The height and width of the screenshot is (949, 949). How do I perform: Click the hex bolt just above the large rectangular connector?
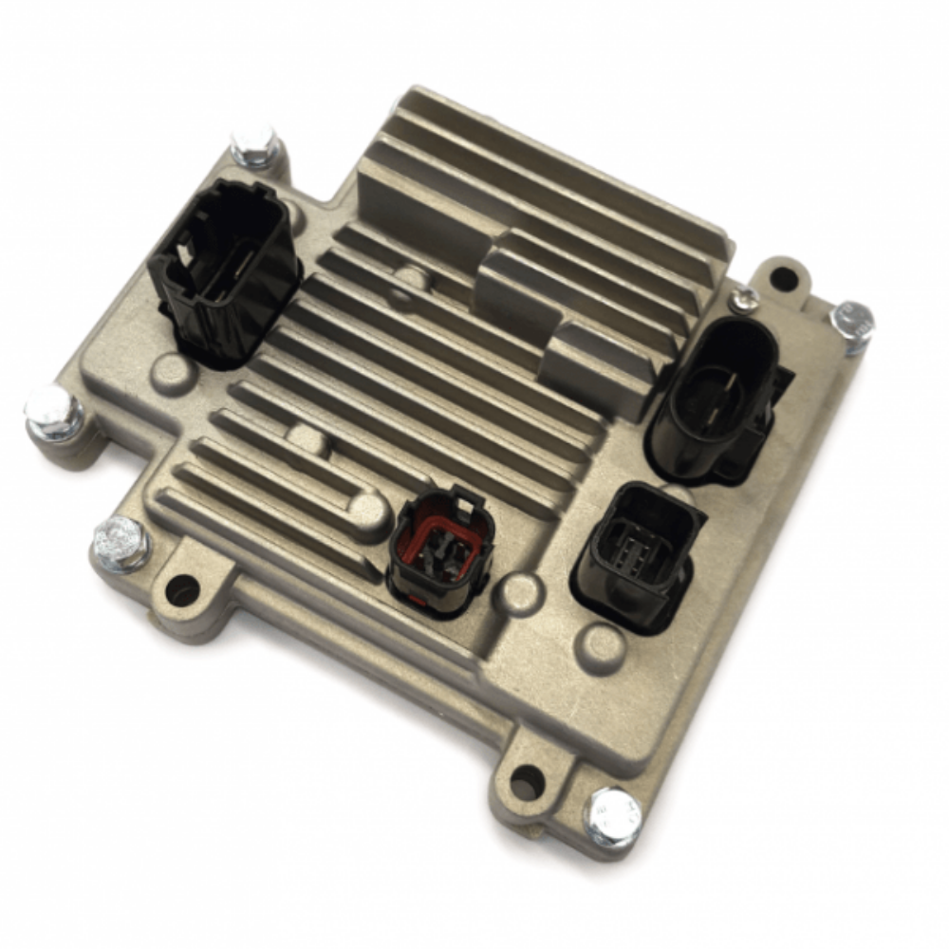[x=254, y=145]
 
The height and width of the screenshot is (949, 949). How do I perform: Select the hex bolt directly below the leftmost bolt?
[x=121, y=545]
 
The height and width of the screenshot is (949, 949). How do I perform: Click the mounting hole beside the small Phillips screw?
[x=782, y=279]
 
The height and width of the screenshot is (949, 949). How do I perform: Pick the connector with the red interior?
[x=441, y=549]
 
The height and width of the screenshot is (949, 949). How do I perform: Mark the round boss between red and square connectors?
[x=521, y=592]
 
